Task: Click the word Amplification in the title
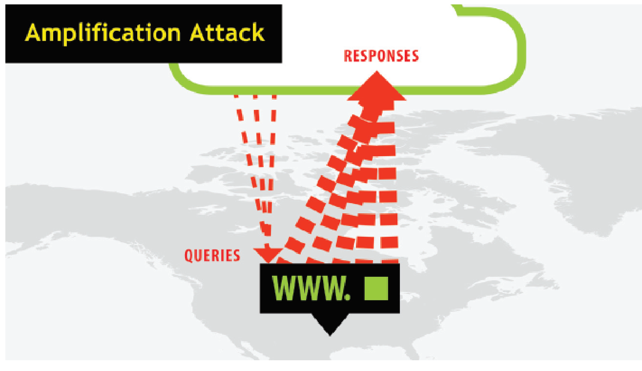(x=103, y=33)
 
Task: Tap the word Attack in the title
(x=227, y=33)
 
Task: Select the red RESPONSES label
(x=381, y=56)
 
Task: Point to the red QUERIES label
(x=212, y=255)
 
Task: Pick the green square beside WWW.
(x=376, y=289)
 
